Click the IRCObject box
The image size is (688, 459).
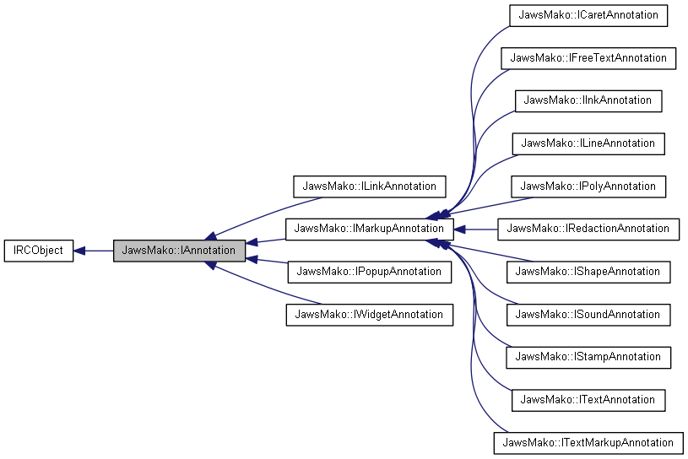coord(39,251)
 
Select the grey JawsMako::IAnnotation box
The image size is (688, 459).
coord(179,251)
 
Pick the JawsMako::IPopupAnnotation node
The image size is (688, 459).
coord(369,272)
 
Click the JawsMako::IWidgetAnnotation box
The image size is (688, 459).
coord(370,315)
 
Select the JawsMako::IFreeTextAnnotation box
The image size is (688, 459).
coord(588,58)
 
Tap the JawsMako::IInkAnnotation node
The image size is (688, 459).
coord(588,100)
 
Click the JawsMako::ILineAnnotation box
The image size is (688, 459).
coord(588,143)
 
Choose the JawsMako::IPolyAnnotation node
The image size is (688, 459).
coord(588,186)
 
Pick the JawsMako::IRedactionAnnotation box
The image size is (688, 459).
coord(588,229)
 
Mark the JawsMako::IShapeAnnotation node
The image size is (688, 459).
coord(588,272)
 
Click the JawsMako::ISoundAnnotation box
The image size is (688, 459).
coord(588,315)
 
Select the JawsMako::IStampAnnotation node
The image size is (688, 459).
coord(588,357)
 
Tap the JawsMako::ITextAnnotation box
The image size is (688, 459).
coord(588,400)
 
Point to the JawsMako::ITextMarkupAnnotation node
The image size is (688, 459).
coord(588,443)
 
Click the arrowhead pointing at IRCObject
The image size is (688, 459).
coord(80,251)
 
